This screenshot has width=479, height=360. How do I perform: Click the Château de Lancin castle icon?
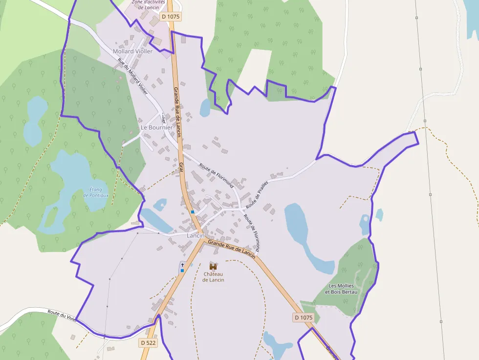(213, 266)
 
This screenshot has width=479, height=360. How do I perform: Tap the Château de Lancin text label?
(213, 277)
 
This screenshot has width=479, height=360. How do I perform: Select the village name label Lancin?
(196, 235)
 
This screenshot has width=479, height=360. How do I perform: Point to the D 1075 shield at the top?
(171, 17)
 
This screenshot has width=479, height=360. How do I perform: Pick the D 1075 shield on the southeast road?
(303, 318)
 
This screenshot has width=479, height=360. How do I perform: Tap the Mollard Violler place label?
(132, 51)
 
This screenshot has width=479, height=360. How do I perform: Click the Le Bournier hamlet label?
(156, 127)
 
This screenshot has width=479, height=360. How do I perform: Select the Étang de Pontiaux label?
(96, 192)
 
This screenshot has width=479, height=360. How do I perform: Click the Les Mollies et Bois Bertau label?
(343, 289)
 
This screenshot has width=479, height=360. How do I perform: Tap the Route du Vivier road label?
(62, 316)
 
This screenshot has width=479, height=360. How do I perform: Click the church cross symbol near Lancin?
(182, 264)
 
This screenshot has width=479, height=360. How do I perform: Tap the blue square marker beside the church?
(182, 270)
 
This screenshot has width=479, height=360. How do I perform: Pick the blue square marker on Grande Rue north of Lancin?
(193, 212)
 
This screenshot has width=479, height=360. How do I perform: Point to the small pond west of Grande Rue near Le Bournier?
(205, 107)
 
